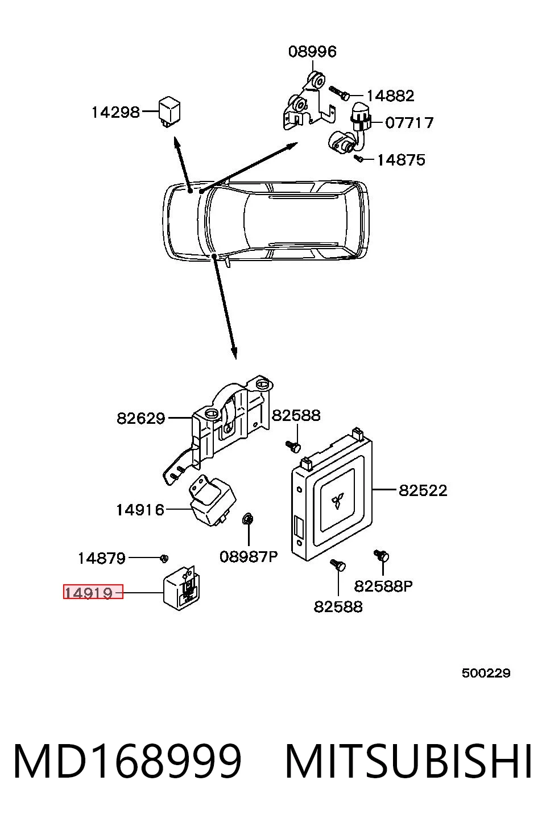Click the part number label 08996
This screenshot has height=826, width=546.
tap(312, 52)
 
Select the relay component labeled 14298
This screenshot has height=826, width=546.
tap(169, 111)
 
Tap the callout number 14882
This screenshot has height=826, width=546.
tap(390, 96)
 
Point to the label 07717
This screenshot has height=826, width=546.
tap(409, 122)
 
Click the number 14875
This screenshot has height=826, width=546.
tap(401, 160)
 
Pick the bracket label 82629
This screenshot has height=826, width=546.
tap(140, 419)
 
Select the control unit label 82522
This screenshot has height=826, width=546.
tap(423, 490)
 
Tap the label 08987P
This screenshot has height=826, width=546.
tap(249, 557)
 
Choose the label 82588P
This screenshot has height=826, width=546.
tap(383, 586)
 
